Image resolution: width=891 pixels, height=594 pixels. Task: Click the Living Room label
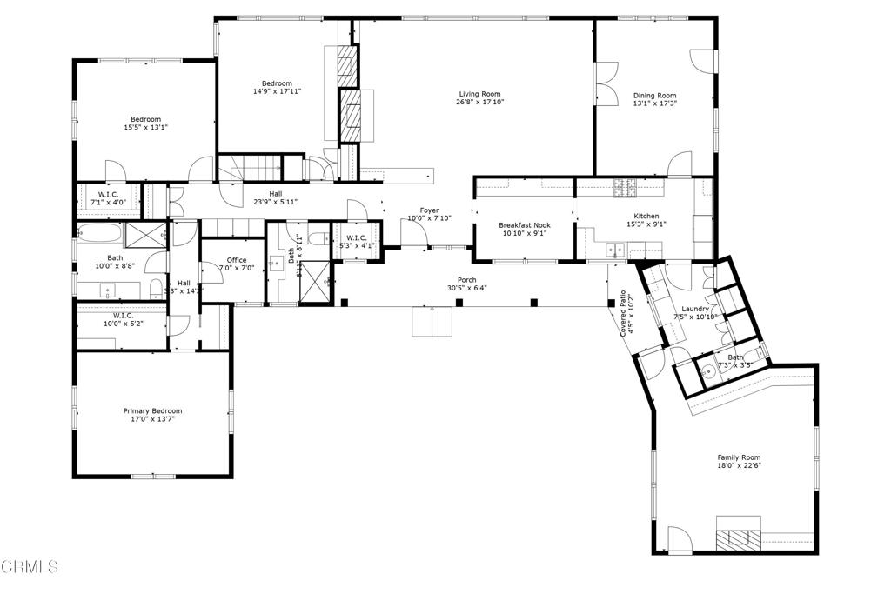479,94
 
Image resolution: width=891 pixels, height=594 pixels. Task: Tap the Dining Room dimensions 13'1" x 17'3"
654,103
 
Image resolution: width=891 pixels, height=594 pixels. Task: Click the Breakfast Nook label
522,224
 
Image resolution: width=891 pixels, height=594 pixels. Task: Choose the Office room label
237,260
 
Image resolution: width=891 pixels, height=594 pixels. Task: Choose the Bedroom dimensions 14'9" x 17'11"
277,91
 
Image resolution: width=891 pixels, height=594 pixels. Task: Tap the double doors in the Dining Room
606,83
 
